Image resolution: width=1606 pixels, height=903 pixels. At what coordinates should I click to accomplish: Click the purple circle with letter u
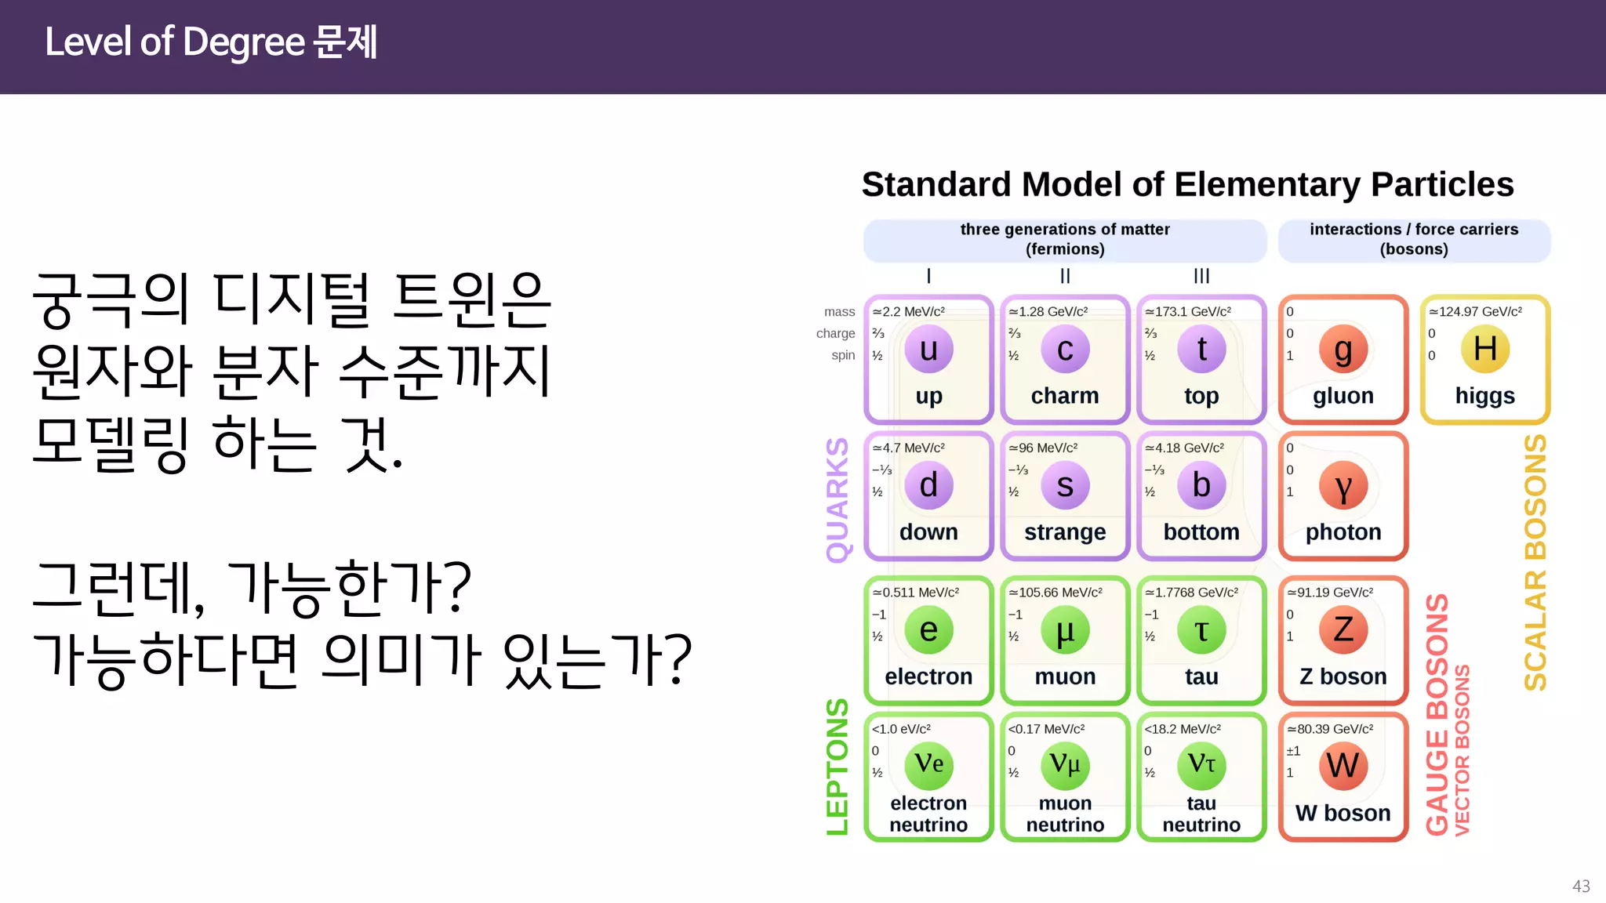928,350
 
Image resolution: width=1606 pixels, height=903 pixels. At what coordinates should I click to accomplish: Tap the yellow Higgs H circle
1484,350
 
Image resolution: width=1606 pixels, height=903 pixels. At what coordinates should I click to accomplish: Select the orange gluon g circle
1343,350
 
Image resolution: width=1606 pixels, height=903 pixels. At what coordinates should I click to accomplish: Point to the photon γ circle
1343,486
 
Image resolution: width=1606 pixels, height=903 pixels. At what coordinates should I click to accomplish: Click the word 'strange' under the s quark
1065,532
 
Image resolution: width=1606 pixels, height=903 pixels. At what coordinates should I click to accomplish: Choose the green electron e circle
928,630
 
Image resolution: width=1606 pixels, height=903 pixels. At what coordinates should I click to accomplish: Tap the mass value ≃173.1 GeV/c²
1188,312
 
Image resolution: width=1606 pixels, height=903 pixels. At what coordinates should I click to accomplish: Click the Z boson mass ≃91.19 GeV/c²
1330,593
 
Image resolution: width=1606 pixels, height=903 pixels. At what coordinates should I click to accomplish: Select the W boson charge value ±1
1293,751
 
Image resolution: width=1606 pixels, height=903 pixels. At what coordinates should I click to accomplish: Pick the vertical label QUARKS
838,500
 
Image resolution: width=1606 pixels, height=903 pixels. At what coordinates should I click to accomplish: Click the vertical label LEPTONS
838,767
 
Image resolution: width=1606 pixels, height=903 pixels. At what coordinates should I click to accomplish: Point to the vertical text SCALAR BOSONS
1535,563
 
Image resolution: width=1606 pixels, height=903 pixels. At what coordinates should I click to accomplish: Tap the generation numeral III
1201,276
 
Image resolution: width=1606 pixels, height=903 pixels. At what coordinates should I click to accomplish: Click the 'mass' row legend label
839,312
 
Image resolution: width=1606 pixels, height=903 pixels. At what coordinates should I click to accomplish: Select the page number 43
1581,886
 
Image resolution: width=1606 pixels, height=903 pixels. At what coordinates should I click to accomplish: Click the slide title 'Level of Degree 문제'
211,42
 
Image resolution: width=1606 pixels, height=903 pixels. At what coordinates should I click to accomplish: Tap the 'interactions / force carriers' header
1414,230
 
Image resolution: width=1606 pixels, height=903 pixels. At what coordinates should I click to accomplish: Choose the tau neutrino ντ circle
1201,765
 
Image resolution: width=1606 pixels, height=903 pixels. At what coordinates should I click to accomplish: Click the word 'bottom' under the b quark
1201,532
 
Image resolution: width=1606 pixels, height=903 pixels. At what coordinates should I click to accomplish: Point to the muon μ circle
1065,630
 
